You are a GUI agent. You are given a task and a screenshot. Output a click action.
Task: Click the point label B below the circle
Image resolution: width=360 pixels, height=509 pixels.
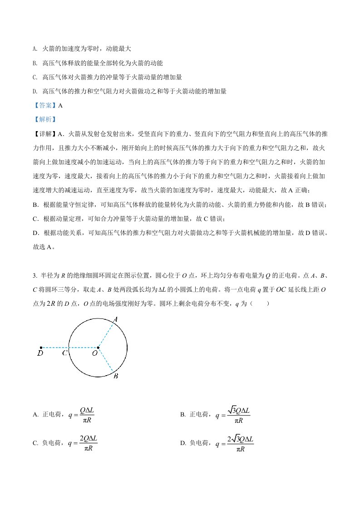tap(116, 376)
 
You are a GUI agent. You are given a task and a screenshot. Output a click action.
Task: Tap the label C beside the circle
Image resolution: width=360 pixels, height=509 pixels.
tap(65, 352)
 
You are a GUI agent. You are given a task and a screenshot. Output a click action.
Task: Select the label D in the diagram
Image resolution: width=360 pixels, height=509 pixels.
tap(40, 352)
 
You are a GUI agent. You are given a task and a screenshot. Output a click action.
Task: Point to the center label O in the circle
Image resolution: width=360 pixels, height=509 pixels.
tap(94, 353)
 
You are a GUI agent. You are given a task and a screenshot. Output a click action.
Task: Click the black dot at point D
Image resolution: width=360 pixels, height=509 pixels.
tap(41, 348)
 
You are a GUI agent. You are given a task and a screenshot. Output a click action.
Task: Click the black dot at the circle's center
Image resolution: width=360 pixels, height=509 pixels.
tap(98, 348)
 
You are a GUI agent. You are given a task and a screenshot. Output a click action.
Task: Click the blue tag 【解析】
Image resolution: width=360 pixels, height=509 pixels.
tap(45, 120)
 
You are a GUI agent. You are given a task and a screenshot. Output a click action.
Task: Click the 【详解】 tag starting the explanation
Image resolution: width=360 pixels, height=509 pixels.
tap(45, 134)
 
